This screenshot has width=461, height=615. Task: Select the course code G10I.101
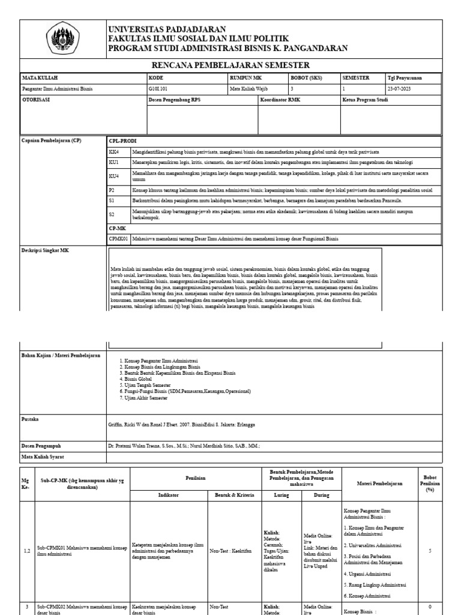[x=158, y=88]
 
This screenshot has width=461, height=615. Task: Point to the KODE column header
[x=155, y=77]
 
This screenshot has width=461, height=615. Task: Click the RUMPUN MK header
[x=246, y=77]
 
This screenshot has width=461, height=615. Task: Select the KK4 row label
[x=113, y=152]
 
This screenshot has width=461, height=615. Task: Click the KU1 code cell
[x=113, y=162]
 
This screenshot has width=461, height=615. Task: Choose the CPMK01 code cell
[x=118, y=238]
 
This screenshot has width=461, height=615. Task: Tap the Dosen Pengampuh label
[x=41, y=446]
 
